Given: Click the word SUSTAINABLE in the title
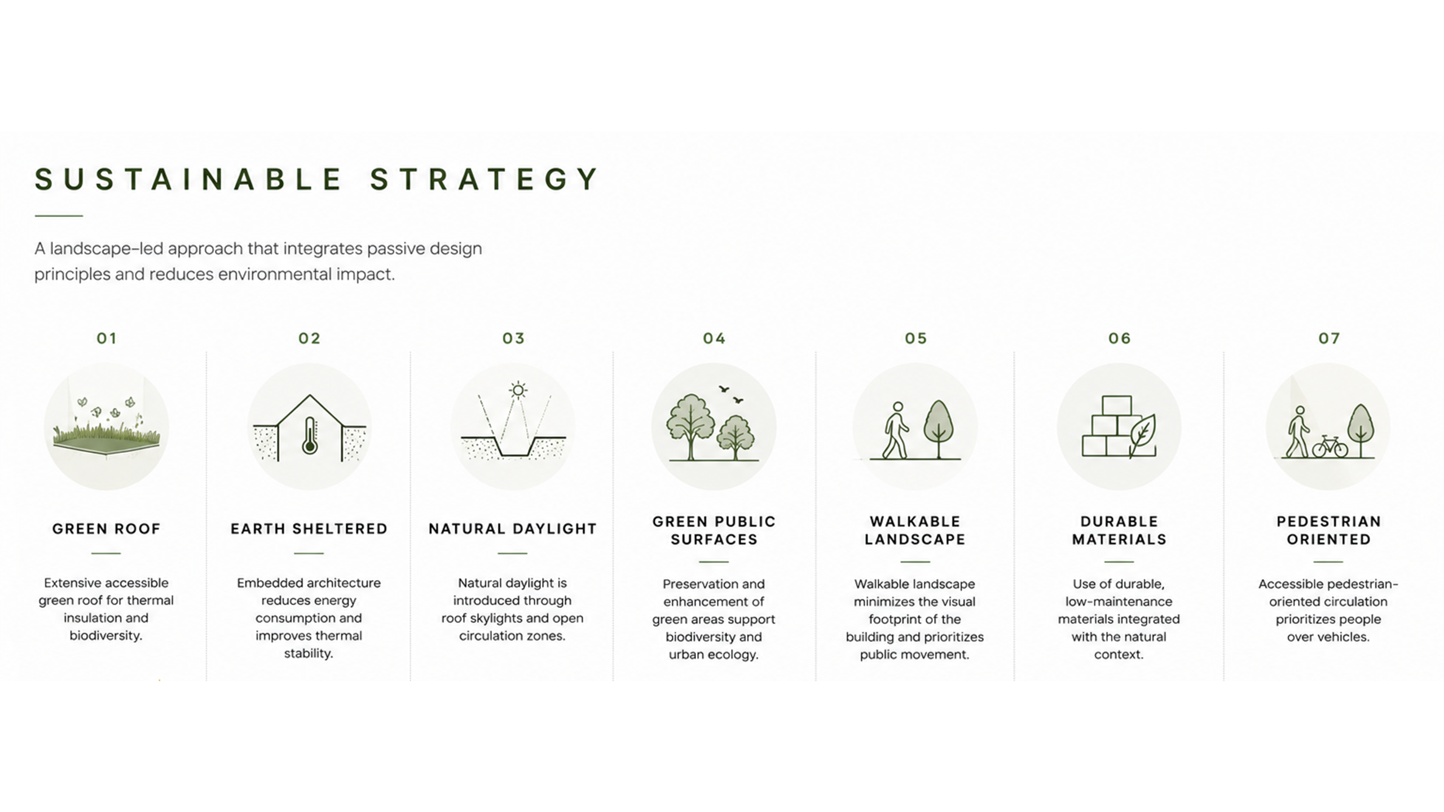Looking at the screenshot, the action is coord(188,179).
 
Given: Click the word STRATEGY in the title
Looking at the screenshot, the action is coord(484,179).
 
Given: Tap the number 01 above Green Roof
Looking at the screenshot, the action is coord(107,338).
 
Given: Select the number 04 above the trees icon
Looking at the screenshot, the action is coord(714,338).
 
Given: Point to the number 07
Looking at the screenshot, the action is coord(1329,338).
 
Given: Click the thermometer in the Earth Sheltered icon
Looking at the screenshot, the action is coord(310,435).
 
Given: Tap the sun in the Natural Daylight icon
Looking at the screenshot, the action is coord(518,390).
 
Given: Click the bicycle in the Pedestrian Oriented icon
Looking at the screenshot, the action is coord(1330,447).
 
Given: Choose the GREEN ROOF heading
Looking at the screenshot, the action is coord(107,529).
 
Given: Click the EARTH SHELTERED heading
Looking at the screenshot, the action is coord(309,529).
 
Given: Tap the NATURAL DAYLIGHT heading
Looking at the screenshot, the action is coord(513,529).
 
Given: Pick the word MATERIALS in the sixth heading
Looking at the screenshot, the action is coord(1119,540).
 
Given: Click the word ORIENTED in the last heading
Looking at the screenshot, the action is coord(1329,540).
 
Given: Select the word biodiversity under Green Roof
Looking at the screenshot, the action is coord(105,636).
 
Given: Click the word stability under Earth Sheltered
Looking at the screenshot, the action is coord(309,654).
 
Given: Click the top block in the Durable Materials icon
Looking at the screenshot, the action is coord(1116,405).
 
